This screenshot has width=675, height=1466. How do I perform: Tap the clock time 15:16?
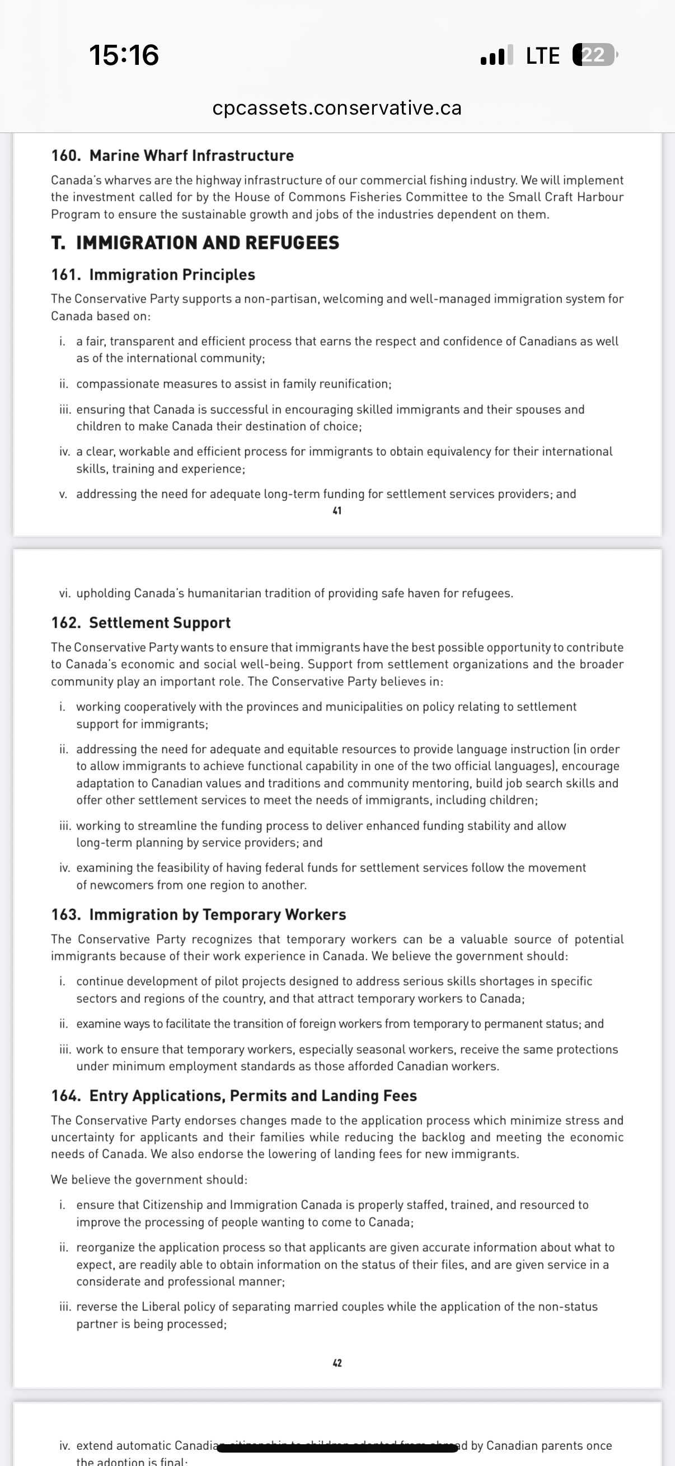(x=124, y=55)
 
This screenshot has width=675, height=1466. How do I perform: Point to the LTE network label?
(x=542, y=56)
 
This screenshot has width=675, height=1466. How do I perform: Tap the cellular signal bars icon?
(x=496, y=55)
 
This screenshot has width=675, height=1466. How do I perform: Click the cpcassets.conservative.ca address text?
(x=336, y=107)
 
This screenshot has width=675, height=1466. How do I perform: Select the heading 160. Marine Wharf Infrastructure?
(x=172, y=155)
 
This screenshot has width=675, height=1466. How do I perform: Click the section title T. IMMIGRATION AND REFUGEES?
(x=195, y=243)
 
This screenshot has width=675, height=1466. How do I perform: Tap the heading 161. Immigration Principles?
(x=153, y=275)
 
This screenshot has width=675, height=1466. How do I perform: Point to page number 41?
(x=337, y=511)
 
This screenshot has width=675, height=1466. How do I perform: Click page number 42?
(x=337, y=1363)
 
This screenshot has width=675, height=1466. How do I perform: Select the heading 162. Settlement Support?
(x=140, y=623)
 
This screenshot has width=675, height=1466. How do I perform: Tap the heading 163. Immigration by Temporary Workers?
(x=198, y=915)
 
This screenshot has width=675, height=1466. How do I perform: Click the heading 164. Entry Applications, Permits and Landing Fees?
(x=233, y=1095)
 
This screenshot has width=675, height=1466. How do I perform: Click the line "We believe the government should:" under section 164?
(x=149, y=1179)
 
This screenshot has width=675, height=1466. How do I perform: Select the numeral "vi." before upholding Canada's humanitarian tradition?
(x=65, y=593)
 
